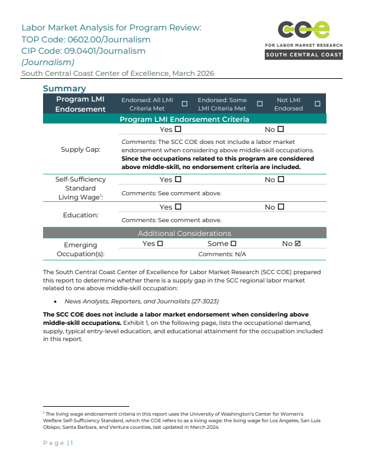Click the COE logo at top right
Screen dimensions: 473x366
(304, 29)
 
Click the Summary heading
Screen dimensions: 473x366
(64, 89)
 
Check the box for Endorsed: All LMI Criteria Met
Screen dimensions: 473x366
(184, 104)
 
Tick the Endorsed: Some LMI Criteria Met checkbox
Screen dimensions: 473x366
(260, 104)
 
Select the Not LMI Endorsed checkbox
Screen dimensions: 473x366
(317, 104)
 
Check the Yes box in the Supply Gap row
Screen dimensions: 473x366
(178, 129)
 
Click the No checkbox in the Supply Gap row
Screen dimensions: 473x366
(281, 129)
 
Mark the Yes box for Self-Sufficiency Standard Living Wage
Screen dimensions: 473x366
(178, 179)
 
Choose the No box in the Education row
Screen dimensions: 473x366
(281, 207)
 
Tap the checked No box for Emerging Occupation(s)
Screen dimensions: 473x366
(298, 244)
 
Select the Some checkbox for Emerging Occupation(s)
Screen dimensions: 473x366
(233, 244)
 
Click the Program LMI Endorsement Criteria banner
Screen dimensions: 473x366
(184, 119)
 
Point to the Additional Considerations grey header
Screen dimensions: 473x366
(184, 234)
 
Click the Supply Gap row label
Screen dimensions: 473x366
(81, 149)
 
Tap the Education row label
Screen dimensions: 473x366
(81, 214)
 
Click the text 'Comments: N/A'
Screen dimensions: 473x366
(222, 254)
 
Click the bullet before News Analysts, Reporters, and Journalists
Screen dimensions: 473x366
(55, 302)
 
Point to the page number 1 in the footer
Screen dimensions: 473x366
(71, 443)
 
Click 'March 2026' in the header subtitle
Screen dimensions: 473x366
(193, 73)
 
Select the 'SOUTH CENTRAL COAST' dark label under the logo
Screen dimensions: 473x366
(304, 55)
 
